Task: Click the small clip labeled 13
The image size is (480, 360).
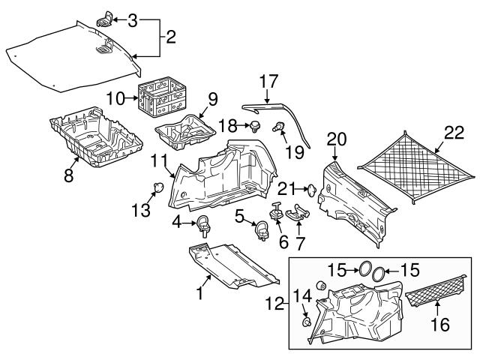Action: pyautogui.click(x=159, y=186)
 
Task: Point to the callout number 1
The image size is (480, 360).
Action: pyautogui.click(x=200, y=294)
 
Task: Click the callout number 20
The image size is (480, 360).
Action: pyautogui.click(x=337, y=138)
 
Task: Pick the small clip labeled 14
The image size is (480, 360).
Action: pyautogui.click(x=308, y=322)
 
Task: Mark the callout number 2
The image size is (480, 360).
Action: pyautogui.click(x=170, y=35)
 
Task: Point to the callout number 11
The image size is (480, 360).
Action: pyautogui.click(x=157, y=160)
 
